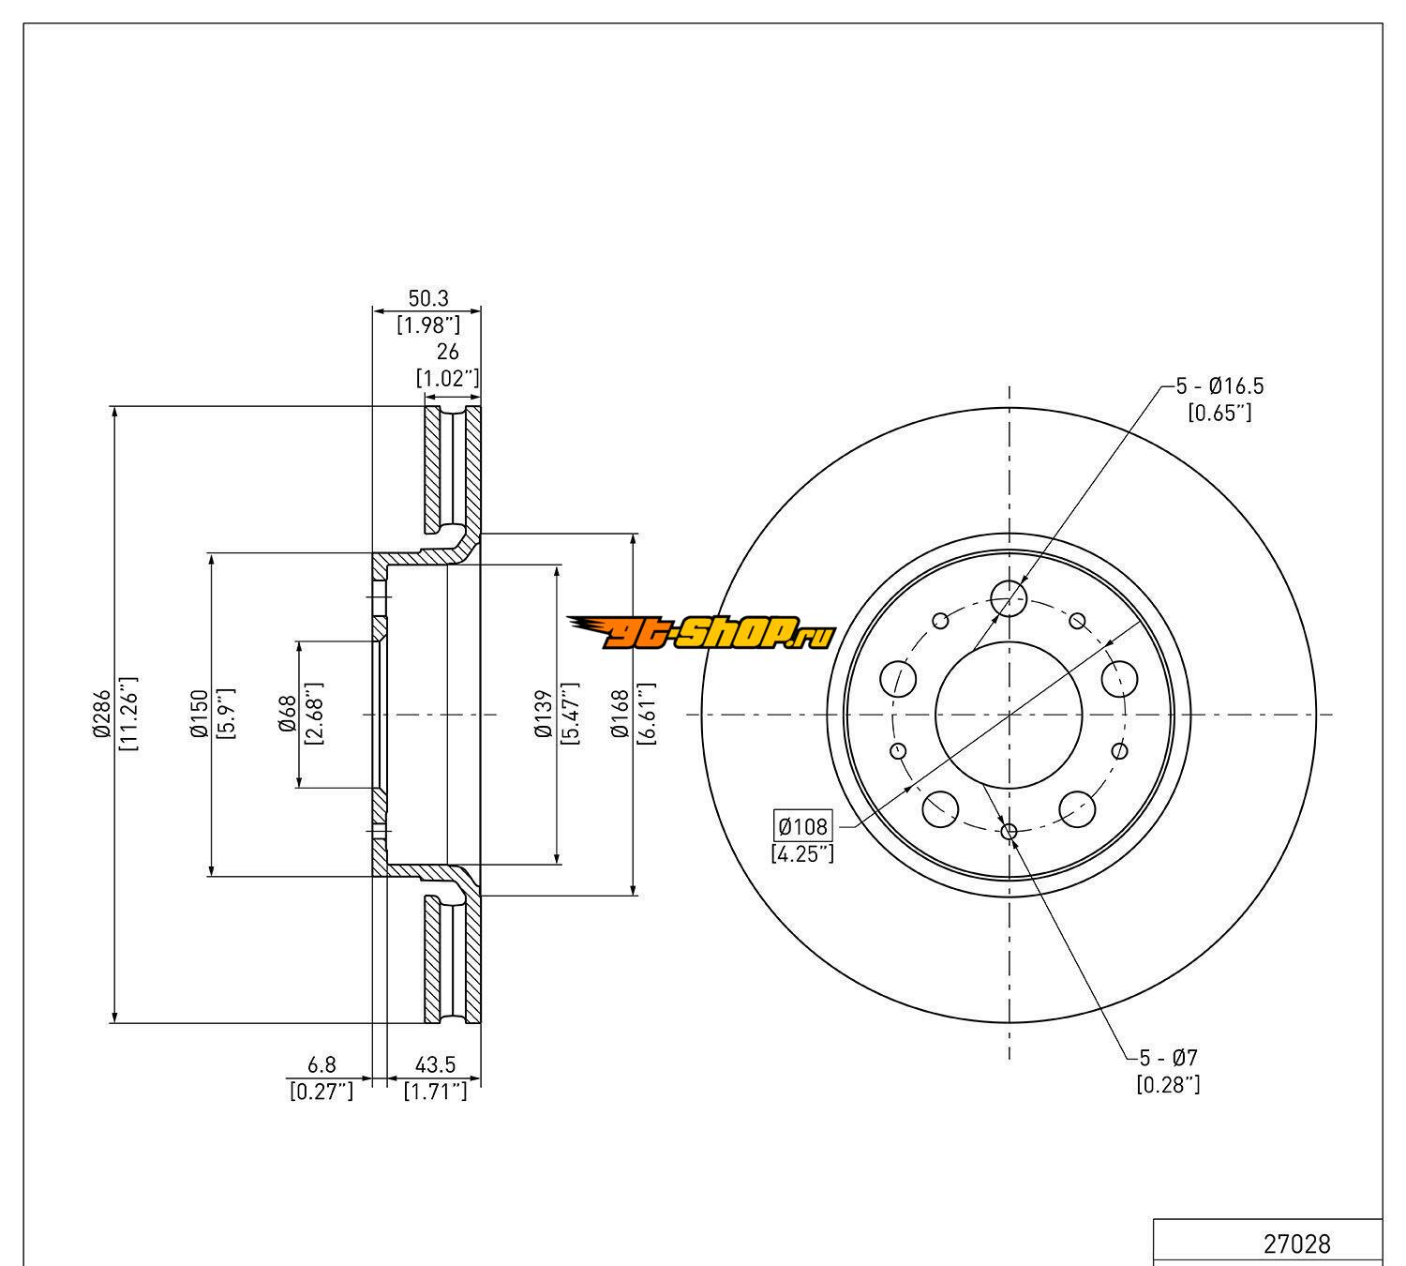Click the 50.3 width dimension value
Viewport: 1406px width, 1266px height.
click(427, 298)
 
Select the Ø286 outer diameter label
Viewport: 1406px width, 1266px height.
click(101, 715)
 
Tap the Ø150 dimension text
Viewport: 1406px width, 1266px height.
click(199, 715)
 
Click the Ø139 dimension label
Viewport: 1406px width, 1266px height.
click(544, 715)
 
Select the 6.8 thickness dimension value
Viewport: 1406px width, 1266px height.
click(322, 1064)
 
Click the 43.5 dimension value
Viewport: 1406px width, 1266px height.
click(435, 1064)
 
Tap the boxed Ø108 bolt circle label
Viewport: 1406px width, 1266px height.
click(802, 826)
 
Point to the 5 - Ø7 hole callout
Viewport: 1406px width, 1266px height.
click(1168, 1058)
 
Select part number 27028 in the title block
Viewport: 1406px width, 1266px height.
click(1297, 1243)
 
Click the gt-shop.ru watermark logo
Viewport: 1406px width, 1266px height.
click(700, 634)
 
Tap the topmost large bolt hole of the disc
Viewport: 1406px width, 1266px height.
click(1009, 595)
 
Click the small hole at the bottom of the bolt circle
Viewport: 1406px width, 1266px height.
click(1010, 831)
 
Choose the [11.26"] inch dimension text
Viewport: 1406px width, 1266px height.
click(129, 715)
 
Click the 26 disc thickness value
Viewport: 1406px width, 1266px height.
click(448, 352)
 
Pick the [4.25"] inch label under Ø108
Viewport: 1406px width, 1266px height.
click(802, 853)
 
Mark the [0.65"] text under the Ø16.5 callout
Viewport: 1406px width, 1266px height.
click(1219, 413)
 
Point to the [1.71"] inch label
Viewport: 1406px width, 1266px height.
click(435, 1092)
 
